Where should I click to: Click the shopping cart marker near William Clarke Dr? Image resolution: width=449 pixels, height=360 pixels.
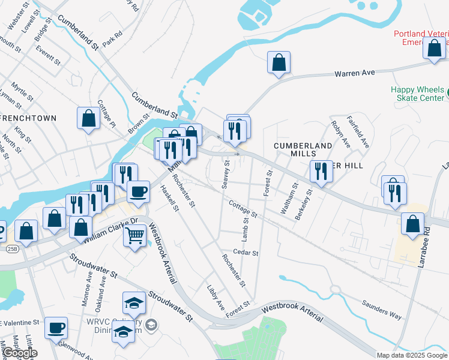tap(135, 235)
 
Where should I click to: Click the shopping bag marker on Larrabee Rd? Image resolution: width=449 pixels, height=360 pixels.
tap(413, 224)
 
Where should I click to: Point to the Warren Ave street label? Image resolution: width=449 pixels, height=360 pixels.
tap(354, 73)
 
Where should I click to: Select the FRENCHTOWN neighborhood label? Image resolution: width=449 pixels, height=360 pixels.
tap(28, 118)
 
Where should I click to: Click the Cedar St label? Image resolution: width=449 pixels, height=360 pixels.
tap(246, 253)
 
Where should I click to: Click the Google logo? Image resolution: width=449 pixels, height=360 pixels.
tap(19, 353)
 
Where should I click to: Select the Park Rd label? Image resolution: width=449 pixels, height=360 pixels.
tap(112, 40)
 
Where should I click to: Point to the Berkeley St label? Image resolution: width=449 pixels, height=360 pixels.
tap(304, 205)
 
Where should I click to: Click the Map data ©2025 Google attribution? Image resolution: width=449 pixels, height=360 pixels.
tap(412, 355)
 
